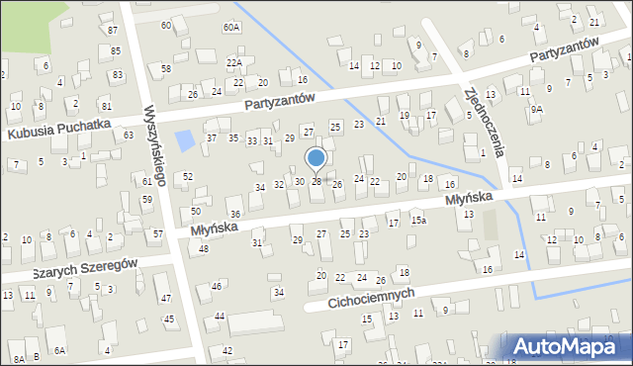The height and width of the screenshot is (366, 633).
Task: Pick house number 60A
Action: tap(231, 27)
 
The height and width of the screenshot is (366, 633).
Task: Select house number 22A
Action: tap(234, 62)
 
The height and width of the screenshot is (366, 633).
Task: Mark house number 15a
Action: tap(419, 220)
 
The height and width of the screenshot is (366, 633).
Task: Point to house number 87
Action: tap(112, 31)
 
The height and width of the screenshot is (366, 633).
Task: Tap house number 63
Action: tap(129, 134)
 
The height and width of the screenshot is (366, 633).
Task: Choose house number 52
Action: tap(188, 176)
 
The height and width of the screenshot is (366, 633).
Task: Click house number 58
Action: tap(166, 68)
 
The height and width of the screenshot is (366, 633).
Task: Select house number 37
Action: tap(212, 137)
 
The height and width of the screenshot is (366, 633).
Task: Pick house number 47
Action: tap(165, 298)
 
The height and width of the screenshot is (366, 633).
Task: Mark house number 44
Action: tap(220, 316)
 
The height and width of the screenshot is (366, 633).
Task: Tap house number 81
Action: tap(106, 102)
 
